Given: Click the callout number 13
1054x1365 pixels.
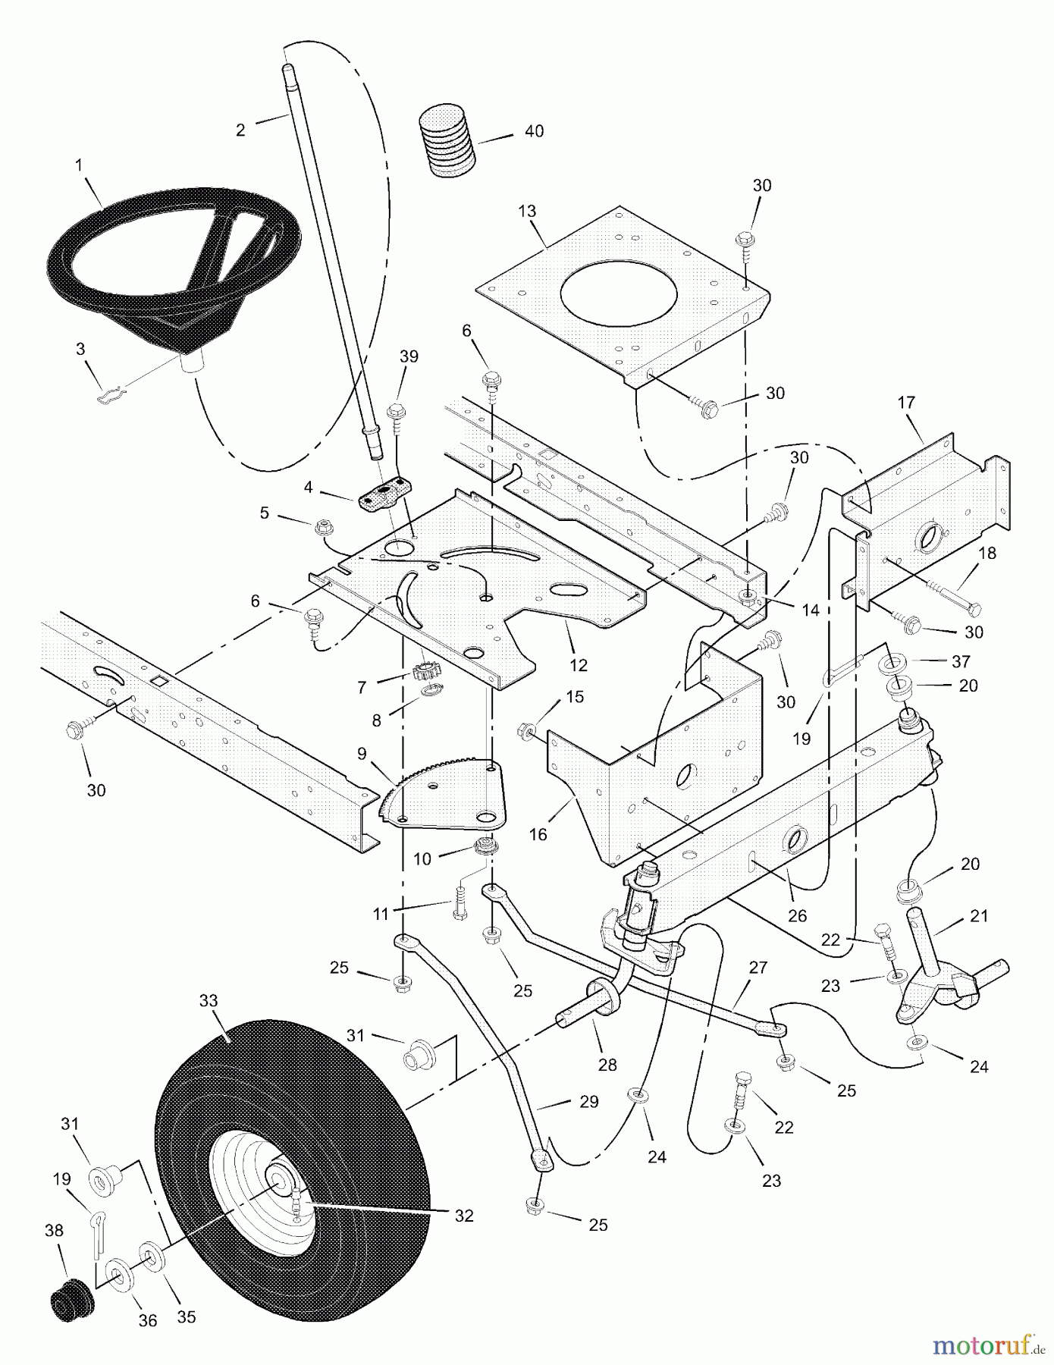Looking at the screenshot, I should click(x=526, y=210).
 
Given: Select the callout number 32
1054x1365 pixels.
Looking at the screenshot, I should click(x=463, y=1215).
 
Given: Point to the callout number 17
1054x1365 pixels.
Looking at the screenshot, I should click(x=907, y=403).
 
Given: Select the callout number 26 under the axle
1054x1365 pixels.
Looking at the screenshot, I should click(x=797, y=916).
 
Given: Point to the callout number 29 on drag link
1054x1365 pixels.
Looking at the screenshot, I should click(x=588, y=1101).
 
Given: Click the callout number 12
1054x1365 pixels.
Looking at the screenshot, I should click(x=578, y=665).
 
